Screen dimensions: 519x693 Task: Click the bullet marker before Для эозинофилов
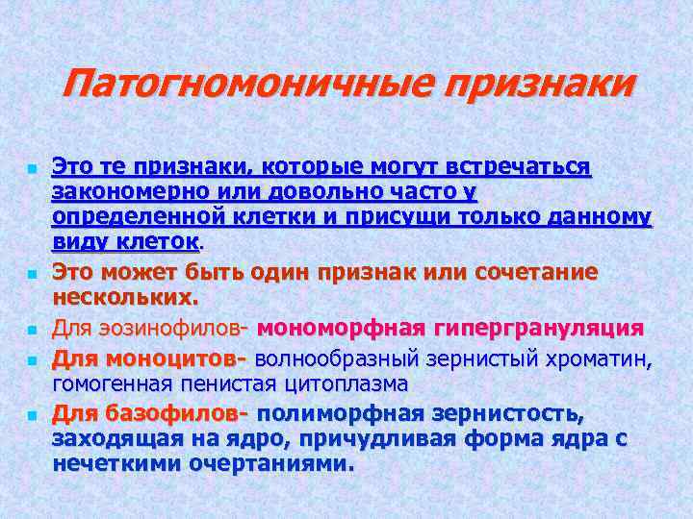32,330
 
